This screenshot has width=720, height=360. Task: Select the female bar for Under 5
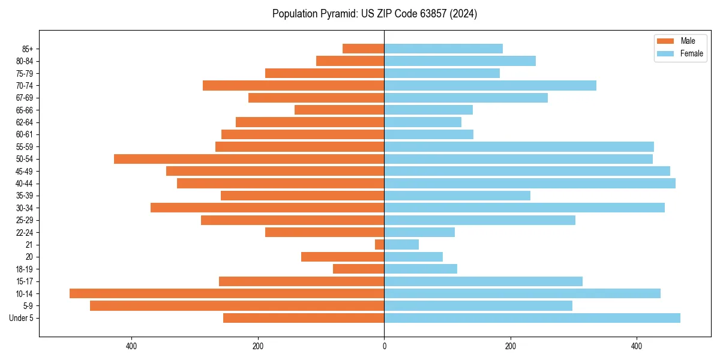tap(532, 318)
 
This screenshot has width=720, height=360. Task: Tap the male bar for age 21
tap(380, 245)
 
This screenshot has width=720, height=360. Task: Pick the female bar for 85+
tap(443, 49)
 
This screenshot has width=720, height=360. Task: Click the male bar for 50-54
tap(249, 159)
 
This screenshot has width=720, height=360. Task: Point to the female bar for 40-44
tap(529, 184)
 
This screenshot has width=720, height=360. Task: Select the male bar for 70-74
tap(293, 85)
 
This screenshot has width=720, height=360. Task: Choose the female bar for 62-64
tap(422, 122)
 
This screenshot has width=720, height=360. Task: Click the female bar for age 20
tap(413, 257)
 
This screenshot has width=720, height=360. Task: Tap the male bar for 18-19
tap(359, 269)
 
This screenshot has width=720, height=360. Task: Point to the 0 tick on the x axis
tap(384, 346)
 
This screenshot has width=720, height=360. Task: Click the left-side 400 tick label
tap(131, 346)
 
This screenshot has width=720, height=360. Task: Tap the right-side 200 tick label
tap(510, 346)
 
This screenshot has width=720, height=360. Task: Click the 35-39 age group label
tap(25, 196)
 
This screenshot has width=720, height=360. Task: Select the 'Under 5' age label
tap(21, 318)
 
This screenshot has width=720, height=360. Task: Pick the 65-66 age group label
tap(25, 110)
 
